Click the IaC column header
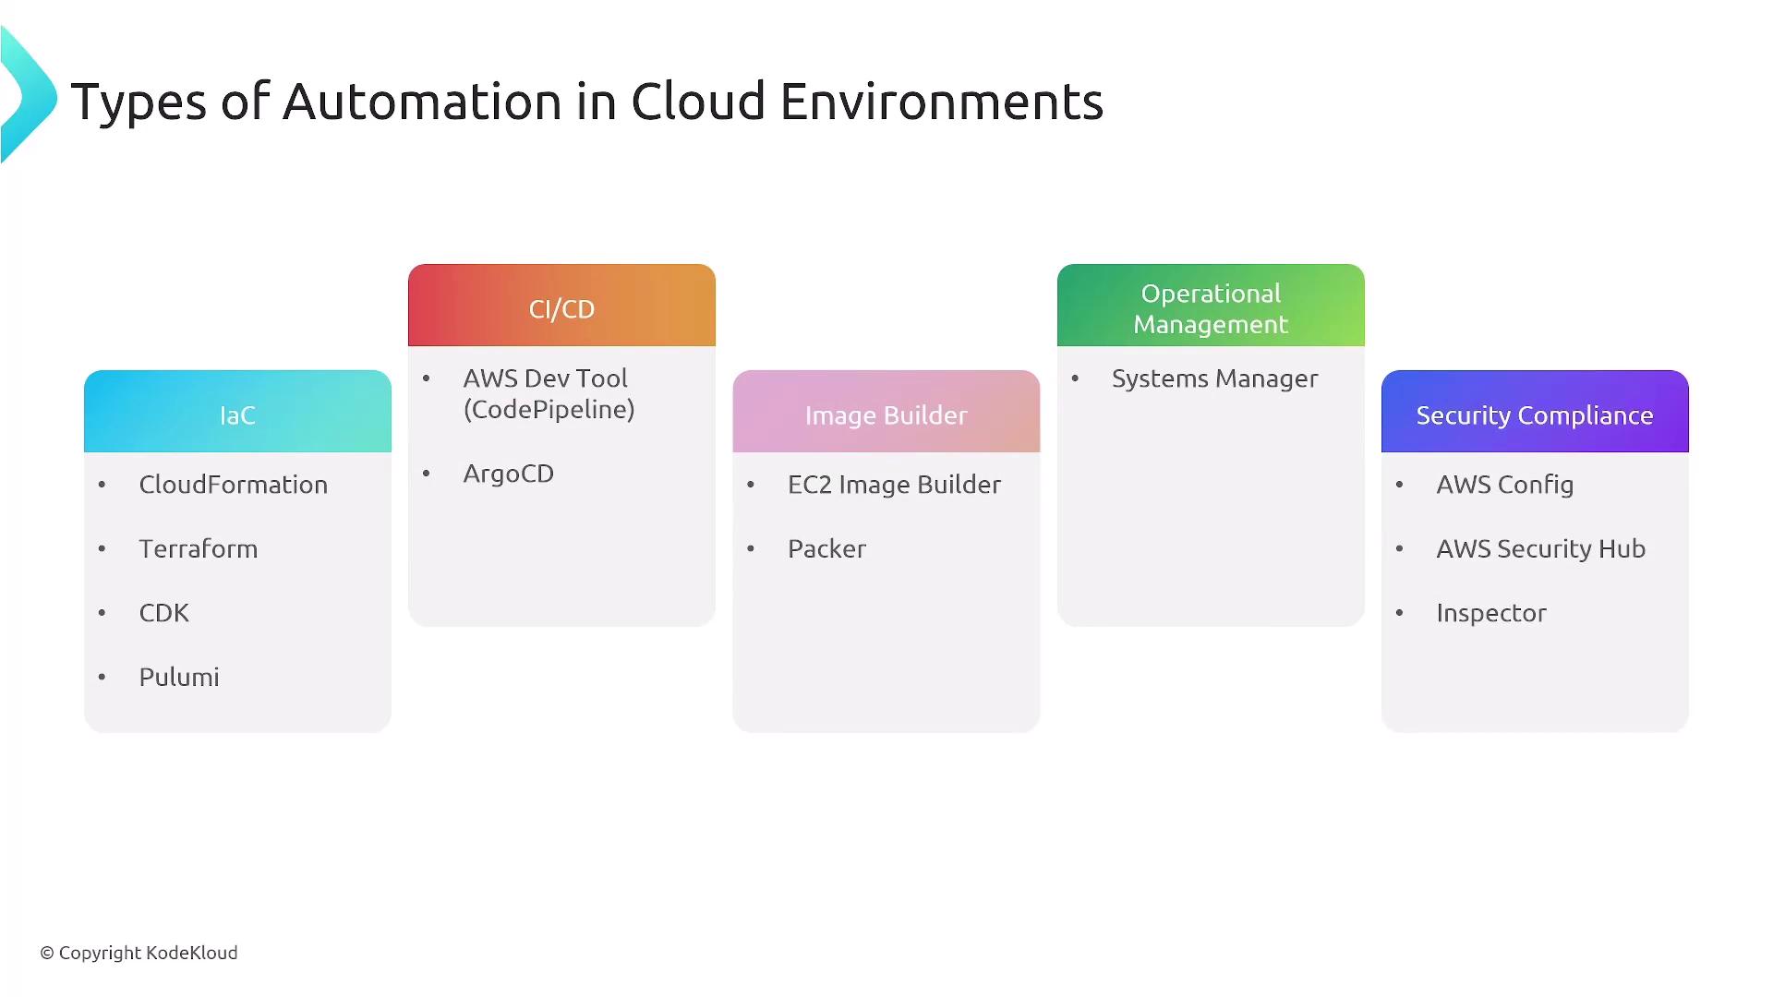click(237, 412)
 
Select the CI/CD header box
click(561, 306)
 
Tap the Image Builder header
click(886, 412)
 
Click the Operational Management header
click(1211, 306)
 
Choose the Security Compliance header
click(1535, 412)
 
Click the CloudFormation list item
click(234, 485)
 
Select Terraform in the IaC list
click(199, 548)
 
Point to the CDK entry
click(164, 613)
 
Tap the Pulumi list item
click(179, 677)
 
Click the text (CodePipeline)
click(549, 410)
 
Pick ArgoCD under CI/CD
click(509, 474)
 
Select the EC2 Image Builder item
click(894, 485)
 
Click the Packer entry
click(826, 548)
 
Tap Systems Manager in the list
click(1215, 378)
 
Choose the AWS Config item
click(1505, 485)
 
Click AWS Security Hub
click(1541, 548)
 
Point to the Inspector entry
click(1491, 613)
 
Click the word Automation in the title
click(422, 101)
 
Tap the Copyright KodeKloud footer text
click(139, 953)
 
